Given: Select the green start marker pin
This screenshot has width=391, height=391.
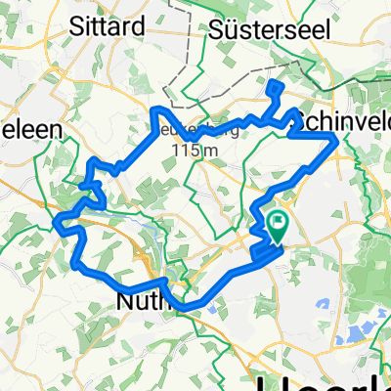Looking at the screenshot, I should point(278,228).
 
